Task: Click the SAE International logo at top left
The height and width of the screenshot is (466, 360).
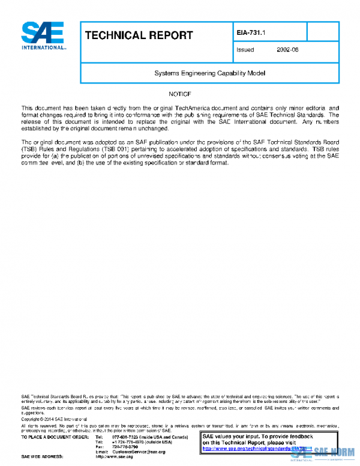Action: [x=44, y=35]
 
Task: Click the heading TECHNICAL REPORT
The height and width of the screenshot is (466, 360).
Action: [x=139, y=35]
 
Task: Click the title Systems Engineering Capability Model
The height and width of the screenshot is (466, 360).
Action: [x=209, y=73]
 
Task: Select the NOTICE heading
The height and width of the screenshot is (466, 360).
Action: [x=179, y=94]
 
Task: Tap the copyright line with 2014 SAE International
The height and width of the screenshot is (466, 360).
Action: [x=54, y=419]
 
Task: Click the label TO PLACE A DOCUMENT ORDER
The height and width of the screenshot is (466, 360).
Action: [x=53, y=437]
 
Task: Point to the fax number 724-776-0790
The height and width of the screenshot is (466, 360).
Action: [x=125, y=447]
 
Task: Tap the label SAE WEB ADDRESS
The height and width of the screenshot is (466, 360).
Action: [x=43, y=457]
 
